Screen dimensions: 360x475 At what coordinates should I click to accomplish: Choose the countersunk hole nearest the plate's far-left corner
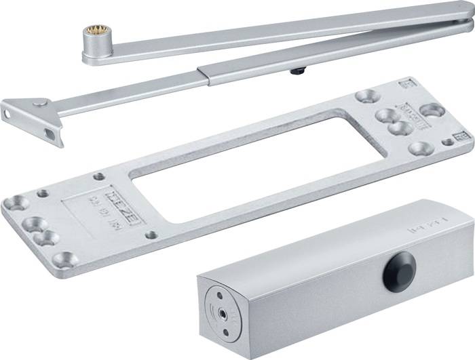click(x=15, y=203)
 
